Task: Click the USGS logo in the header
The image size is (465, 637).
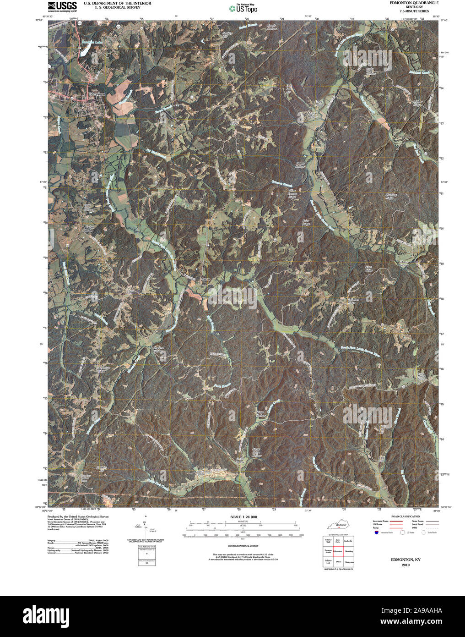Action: pyautogui.click(x=62, y=6)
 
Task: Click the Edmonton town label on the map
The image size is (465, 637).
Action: pyautogui.click(x=97, y=94)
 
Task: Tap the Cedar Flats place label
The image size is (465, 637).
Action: pyautogui.click(x=89, y=229)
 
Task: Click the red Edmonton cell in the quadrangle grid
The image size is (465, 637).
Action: pyautogui.click(x=338, y=551)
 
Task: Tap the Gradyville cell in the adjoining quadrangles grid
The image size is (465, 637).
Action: pyautogui.click(x=348, y=542)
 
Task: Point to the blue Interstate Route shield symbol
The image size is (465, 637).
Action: pyautogui.click(x=376, y=533)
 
